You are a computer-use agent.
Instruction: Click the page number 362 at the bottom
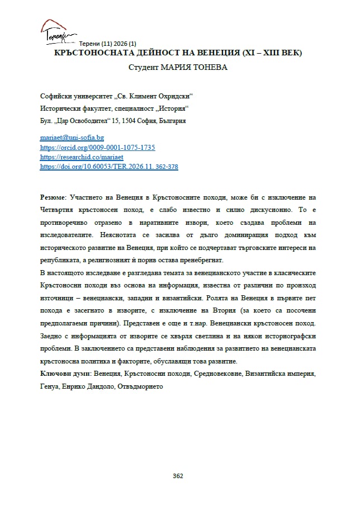(x=178, y=476)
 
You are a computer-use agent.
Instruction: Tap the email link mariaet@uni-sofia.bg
(x=72, y=138)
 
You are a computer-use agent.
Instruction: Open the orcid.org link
(x=97, y=148)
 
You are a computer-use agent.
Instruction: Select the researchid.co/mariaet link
(x=82, y=157)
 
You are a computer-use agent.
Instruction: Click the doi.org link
(x=109, y=167)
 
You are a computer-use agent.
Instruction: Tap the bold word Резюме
(x=54, y=198)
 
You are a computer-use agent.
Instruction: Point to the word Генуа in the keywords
(x=50, y=386)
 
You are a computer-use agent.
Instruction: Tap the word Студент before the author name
(x=144, y=68)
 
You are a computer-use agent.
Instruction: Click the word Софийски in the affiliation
(x=58, y=96)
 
